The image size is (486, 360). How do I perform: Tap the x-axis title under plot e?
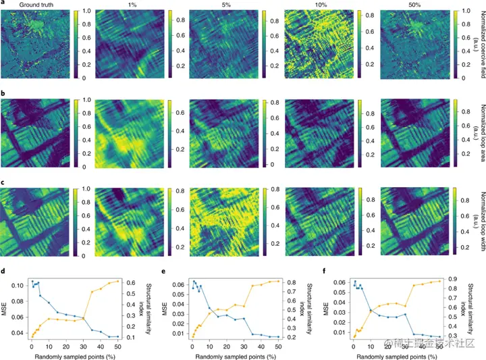tap(231, 354)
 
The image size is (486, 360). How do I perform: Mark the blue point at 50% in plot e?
tap(278, 337)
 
